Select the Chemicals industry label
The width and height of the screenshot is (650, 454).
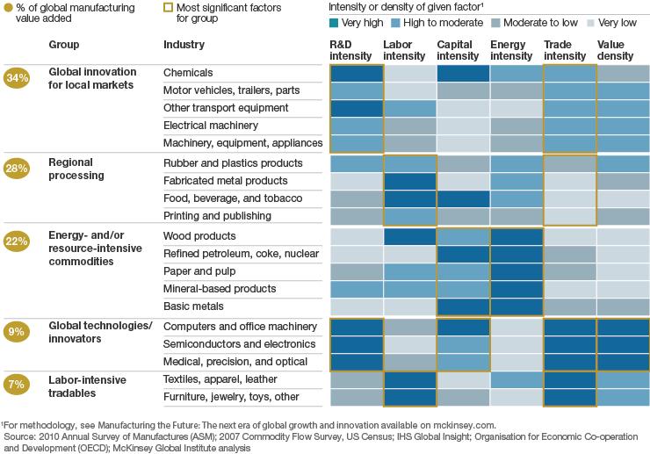click(188, 73)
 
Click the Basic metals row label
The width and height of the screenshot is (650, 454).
click(195, 306)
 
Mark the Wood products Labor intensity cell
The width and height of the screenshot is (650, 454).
click(409, 236)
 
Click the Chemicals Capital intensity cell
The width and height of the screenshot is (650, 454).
click(463, 73)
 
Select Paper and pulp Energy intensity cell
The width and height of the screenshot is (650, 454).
click(516, 271)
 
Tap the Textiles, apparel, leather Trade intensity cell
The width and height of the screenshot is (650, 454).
click(569, 379)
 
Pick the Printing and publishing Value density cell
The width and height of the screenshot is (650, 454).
click(623, 216)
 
